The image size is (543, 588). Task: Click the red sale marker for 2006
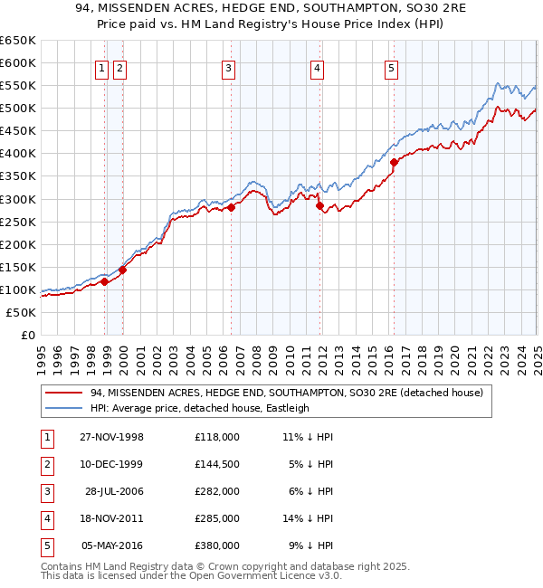tap(232, 207)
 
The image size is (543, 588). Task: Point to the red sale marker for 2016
tap(395, 163)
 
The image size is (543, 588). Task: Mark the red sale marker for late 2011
tap(319, 206)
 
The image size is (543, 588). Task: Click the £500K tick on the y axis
tap(18, 109)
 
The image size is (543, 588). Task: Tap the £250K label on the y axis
tap(18, 222)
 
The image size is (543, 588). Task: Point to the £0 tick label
tap(27, 335)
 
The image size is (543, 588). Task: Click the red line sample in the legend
tap(64, 393)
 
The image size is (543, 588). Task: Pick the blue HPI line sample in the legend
tap(64, 408)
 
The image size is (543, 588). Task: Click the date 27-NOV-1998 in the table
tap(112, 437)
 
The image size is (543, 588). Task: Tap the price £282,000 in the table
tap(217, 491)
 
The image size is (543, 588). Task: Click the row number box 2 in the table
tap(46, 464)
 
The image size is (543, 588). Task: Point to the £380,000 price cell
tap(217, 545)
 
